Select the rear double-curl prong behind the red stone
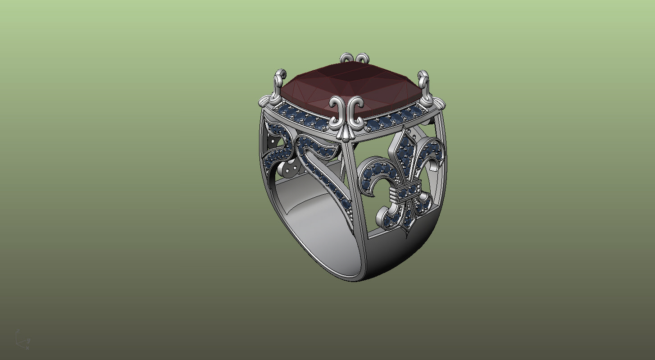click(354, 59)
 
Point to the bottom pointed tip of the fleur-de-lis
click(408, 230)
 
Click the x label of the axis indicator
click(27, 348)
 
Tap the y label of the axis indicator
click(28, 340)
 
